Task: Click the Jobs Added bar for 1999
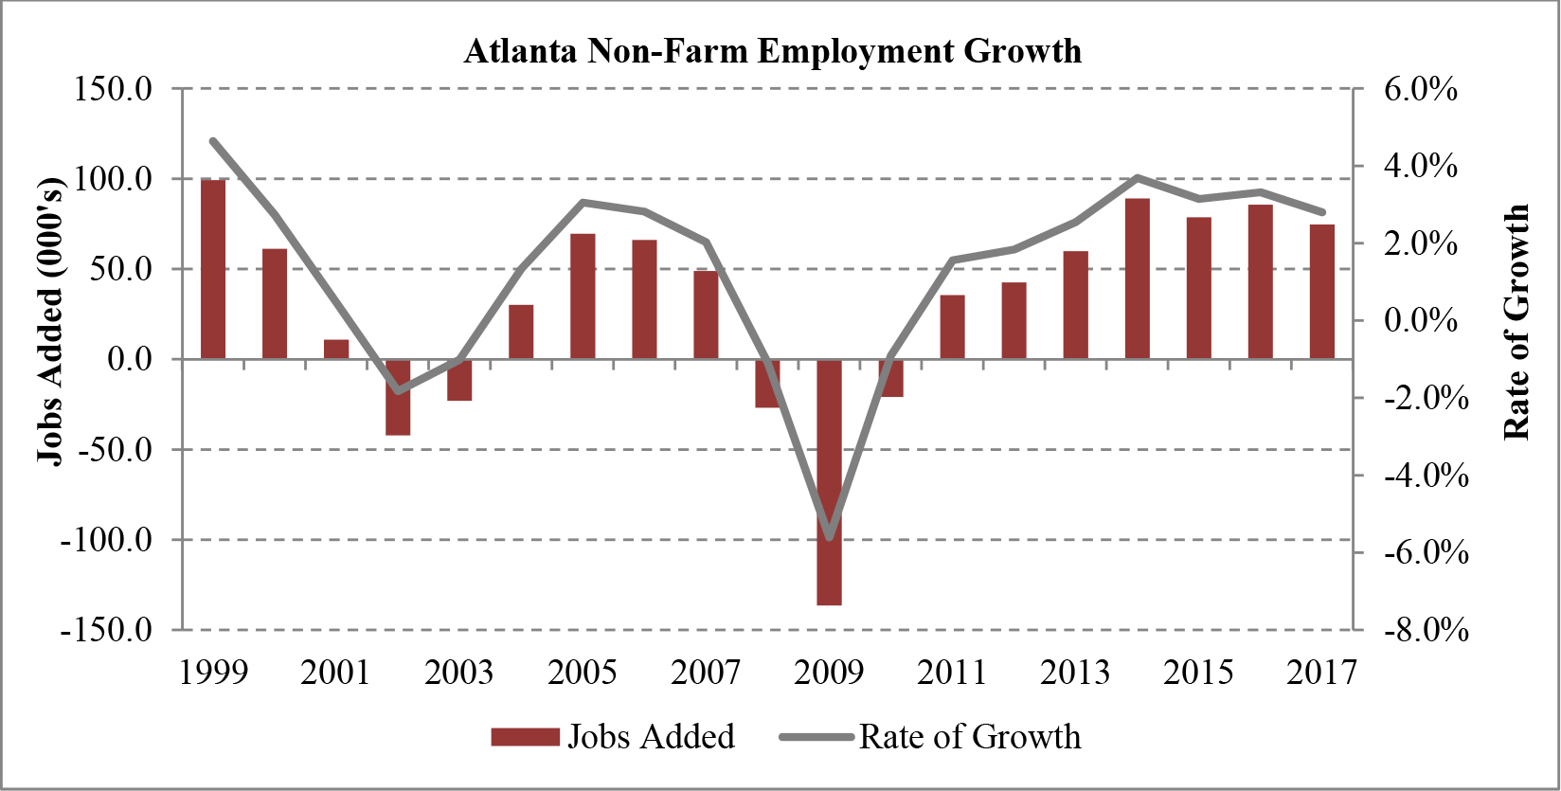pos(213,269)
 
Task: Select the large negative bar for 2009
pos(830,481)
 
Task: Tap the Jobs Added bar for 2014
pos(1138,279)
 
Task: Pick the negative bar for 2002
pos(398,397)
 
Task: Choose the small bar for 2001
pos(336,350)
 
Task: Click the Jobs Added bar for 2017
pos(1322,292)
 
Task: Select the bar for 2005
pos(583,297)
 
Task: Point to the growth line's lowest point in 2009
pos(830,537)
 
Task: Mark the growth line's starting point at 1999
pos(213,141)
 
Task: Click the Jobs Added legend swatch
pos(525,737)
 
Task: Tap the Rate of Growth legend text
pos(969,737)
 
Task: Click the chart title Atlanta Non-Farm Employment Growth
pos(772,50)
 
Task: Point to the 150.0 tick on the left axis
pos(113,90)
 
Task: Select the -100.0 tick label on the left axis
pos(106,541)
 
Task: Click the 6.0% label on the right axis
pos(1420,90)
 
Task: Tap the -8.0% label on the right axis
pos(1426,630)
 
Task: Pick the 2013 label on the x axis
pos(1075,673)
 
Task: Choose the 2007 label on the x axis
pos(706,673)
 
